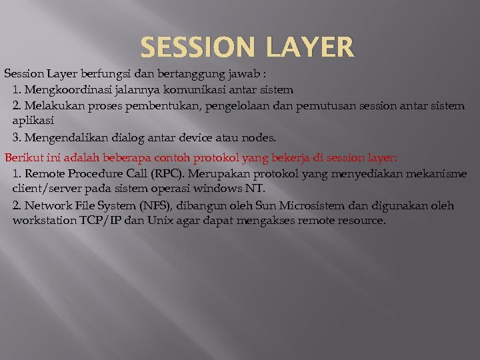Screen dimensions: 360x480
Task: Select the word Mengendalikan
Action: point(67,138)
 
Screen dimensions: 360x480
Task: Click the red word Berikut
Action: point(22,158)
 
